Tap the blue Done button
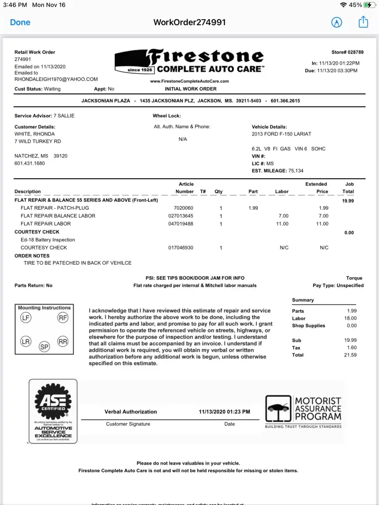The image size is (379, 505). tap(20, 22)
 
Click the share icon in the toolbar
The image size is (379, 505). tap(363, 22)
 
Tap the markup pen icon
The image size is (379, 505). tap(337, 22)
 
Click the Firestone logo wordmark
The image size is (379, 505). tap(205, 57)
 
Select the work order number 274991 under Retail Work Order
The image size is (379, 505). tap(23, 60)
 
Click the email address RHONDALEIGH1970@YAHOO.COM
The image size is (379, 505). tap(56, 79)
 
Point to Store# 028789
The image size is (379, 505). tap(347, 53)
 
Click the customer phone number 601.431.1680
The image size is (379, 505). tap(30, 163)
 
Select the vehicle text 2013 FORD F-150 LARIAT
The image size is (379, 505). tap(281, 134)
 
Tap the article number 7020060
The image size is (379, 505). tap(183, 208)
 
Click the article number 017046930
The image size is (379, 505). tap(181, 248)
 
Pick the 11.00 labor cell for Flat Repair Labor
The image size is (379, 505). tap(282, 224)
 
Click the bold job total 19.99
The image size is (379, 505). tap(348, 200)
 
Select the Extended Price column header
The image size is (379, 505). tap(316, 188)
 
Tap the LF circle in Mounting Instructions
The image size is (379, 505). tap(26, 318)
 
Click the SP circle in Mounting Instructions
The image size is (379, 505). tap(44, 347)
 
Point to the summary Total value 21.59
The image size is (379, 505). tap(350, 355)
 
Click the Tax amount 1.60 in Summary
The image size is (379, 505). tap(352, 347)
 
